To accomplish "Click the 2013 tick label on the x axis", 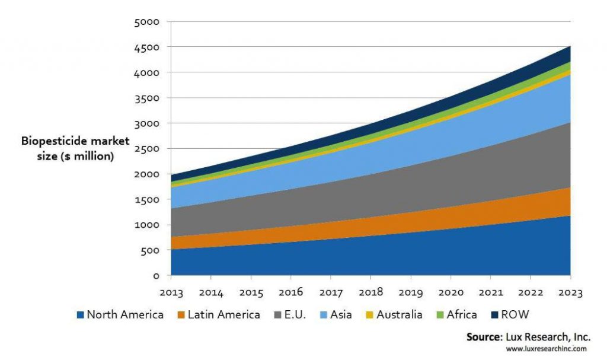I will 171,292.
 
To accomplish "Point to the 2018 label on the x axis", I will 370,292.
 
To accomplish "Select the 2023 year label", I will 570,292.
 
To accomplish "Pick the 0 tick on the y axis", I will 156,276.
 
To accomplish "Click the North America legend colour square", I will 80,315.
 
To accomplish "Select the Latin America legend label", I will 223,314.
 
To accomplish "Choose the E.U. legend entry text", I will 294,314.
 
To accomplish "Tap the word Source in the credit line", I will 483,337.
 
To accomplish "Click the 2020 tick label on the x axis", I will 451,292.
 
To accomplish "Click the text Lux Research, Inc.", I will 545,337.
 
